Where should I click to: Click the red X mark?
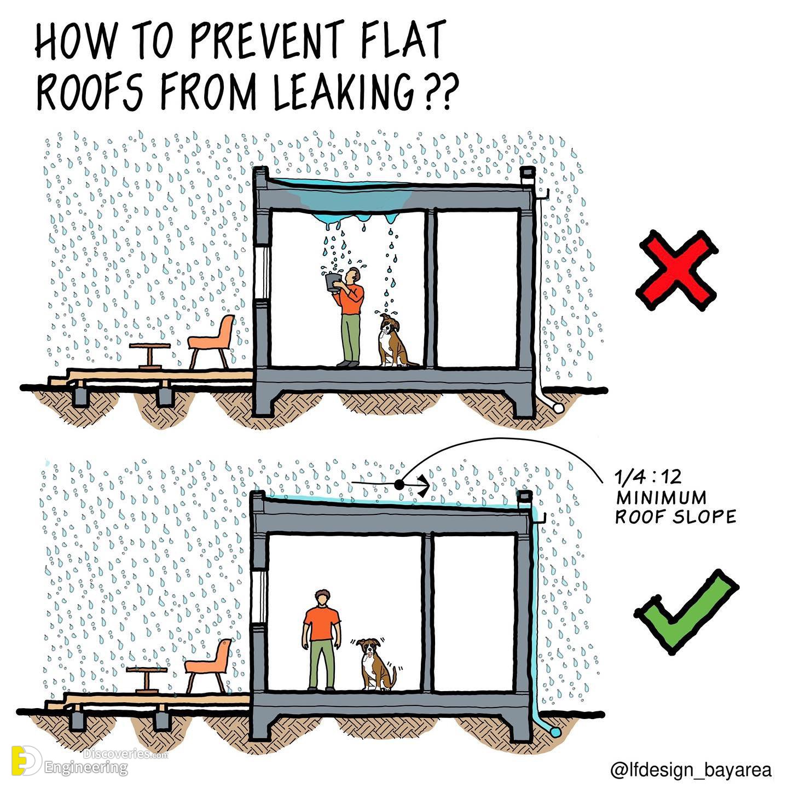tap(677, 271)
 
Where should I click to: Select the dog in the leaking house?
tap(393, 340)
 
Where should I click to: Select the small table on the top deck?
tap(150, 356)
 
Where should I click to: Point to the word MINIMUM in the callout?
tap(661, 497)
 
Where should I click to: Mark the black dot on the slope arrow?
tap(399, 485)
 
